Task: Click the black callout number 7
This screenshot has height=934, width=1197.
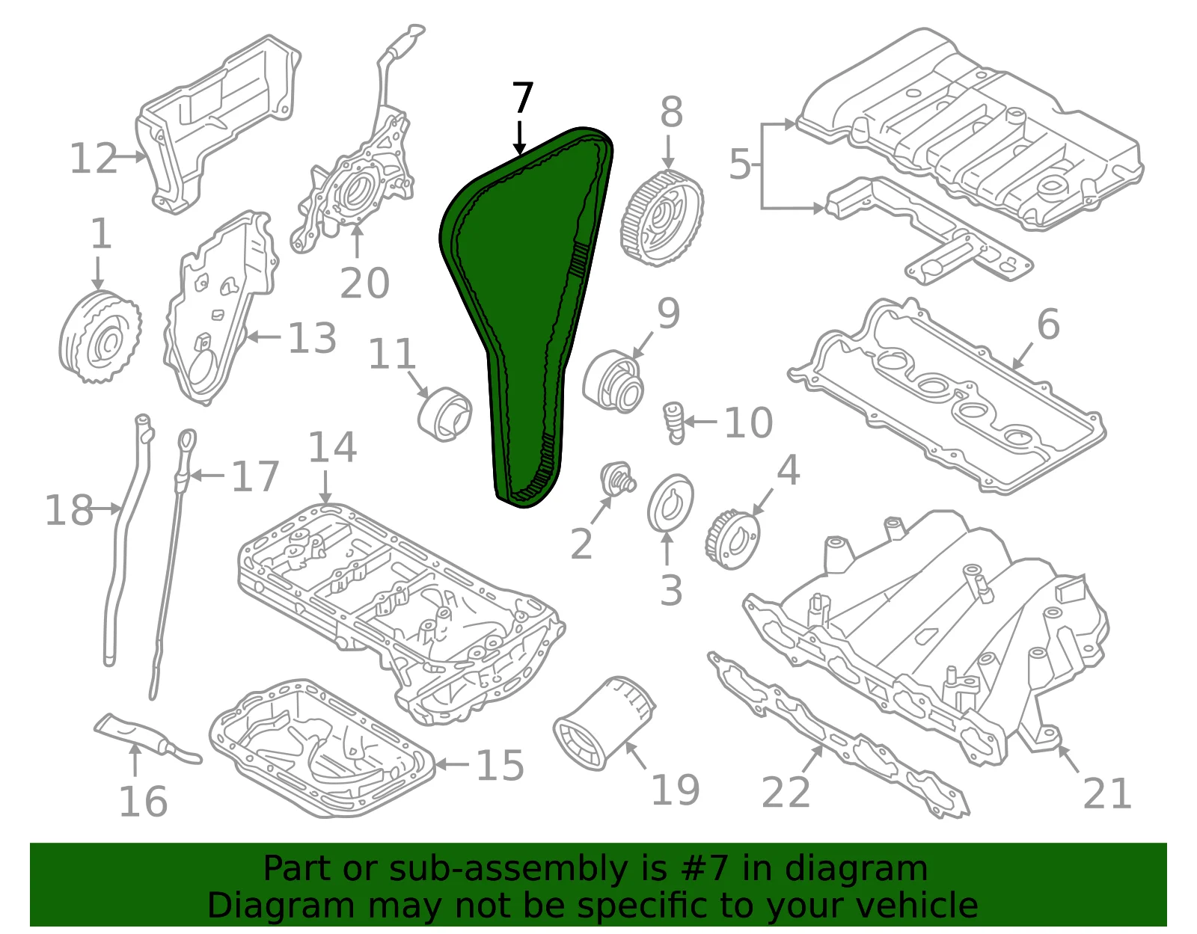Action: (x=522, y=98)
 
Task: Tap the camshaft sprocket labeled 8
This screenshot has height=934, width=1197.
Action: (x=661, y=218)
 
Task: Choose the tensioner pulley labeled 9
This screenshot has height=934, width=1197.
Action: (x=613, y=381)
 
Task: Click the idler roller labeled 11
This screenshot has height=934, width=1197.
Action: (x=444, y=414)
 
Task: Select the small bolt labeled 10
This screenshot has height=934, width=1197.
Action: (x=675, y=423)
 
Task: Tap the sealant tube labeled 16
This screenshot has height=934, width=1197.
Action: (x=147, y=739)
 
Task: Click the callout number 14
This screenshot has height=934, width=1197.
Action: (x=332, y=446)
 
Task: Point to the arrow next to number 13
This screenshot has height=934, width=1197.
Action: (x=264, y=336)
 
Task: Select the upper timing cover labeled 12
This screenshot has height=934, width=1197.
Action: (x=218, y=124)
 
